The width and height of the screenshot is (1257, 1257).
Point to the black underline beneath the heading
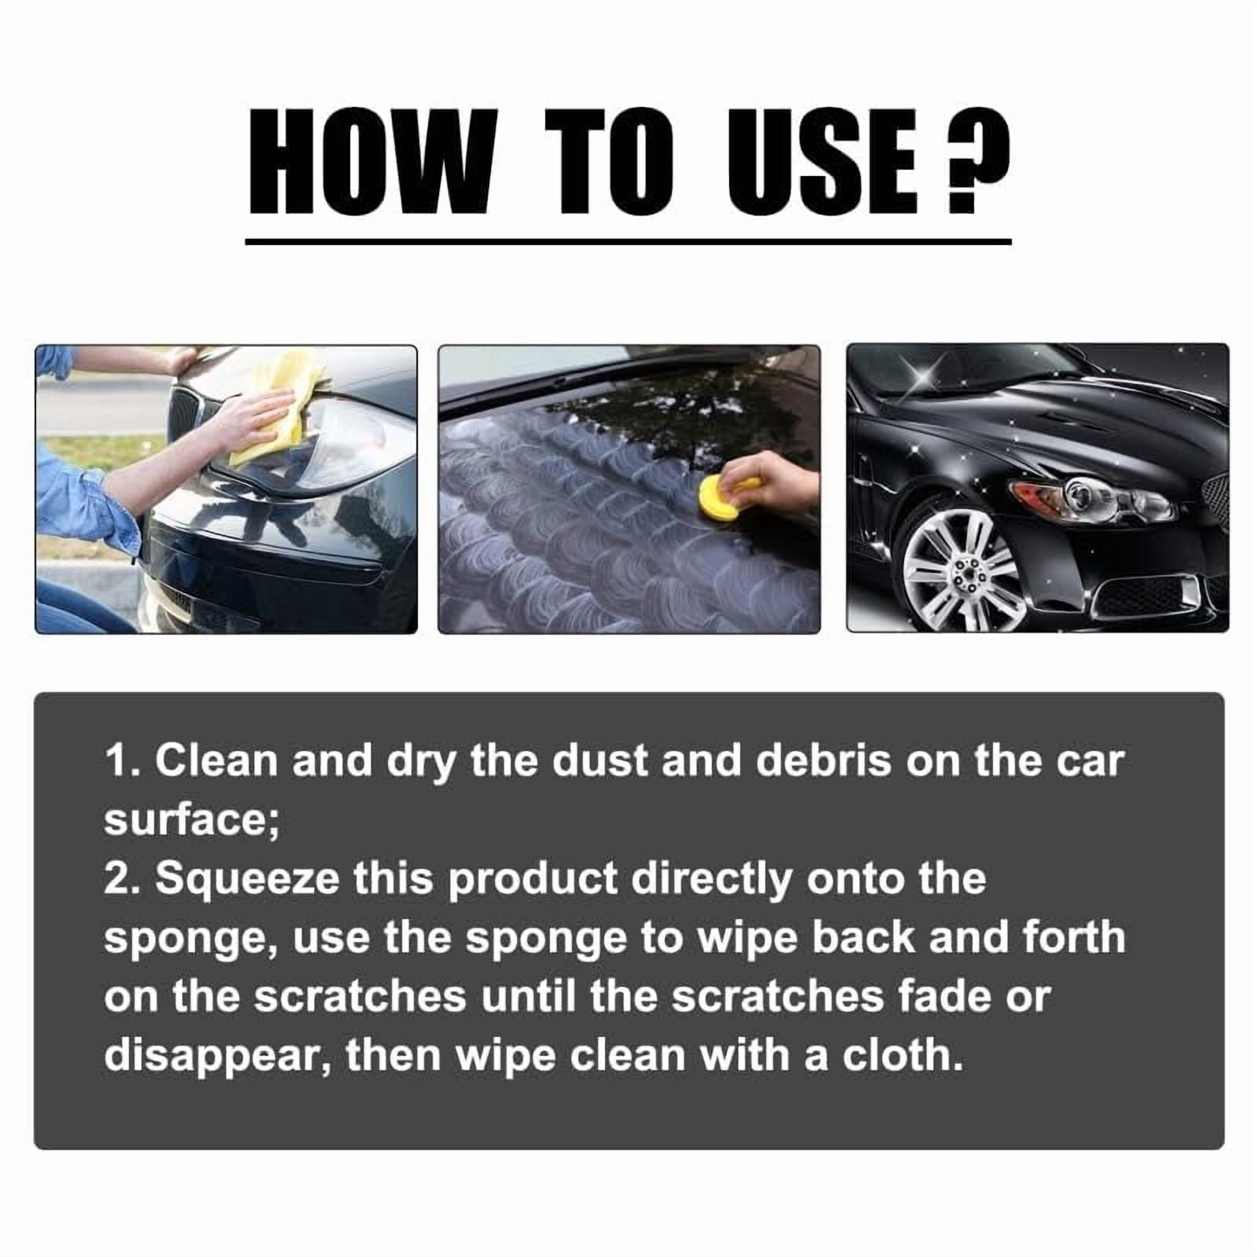coord(628,242)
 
